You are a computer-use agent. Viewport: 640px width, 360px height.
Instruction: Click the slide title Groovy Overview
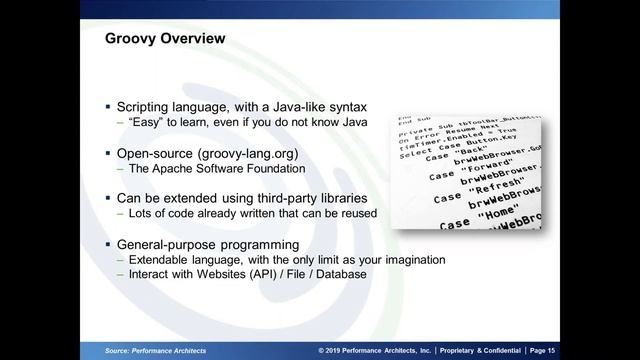coord(165,39)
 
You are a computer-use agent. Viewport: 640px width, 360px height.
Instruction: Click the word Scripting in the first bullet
coord(147,105)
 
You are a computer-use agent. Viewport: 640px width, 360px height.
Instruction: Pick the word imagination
coord(407,260)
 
